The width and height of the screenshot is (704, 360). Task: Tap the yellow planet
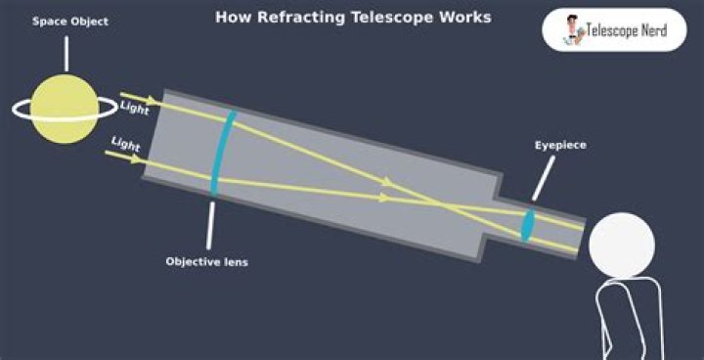65,110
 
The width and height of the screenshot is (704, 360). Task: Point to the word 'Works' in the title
463,18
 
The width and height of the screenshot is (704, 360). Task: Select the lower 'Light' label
125,144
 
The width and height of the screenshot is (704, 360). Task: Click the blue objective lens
223,152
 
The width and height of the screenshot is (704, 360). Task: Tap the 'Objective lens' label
206,262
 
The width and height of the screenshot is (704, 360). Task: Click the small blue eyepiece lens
528,223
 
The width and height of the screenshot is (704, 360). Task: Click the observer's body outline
626,318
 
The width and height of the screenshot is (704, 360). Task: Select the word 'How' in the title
231,18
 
